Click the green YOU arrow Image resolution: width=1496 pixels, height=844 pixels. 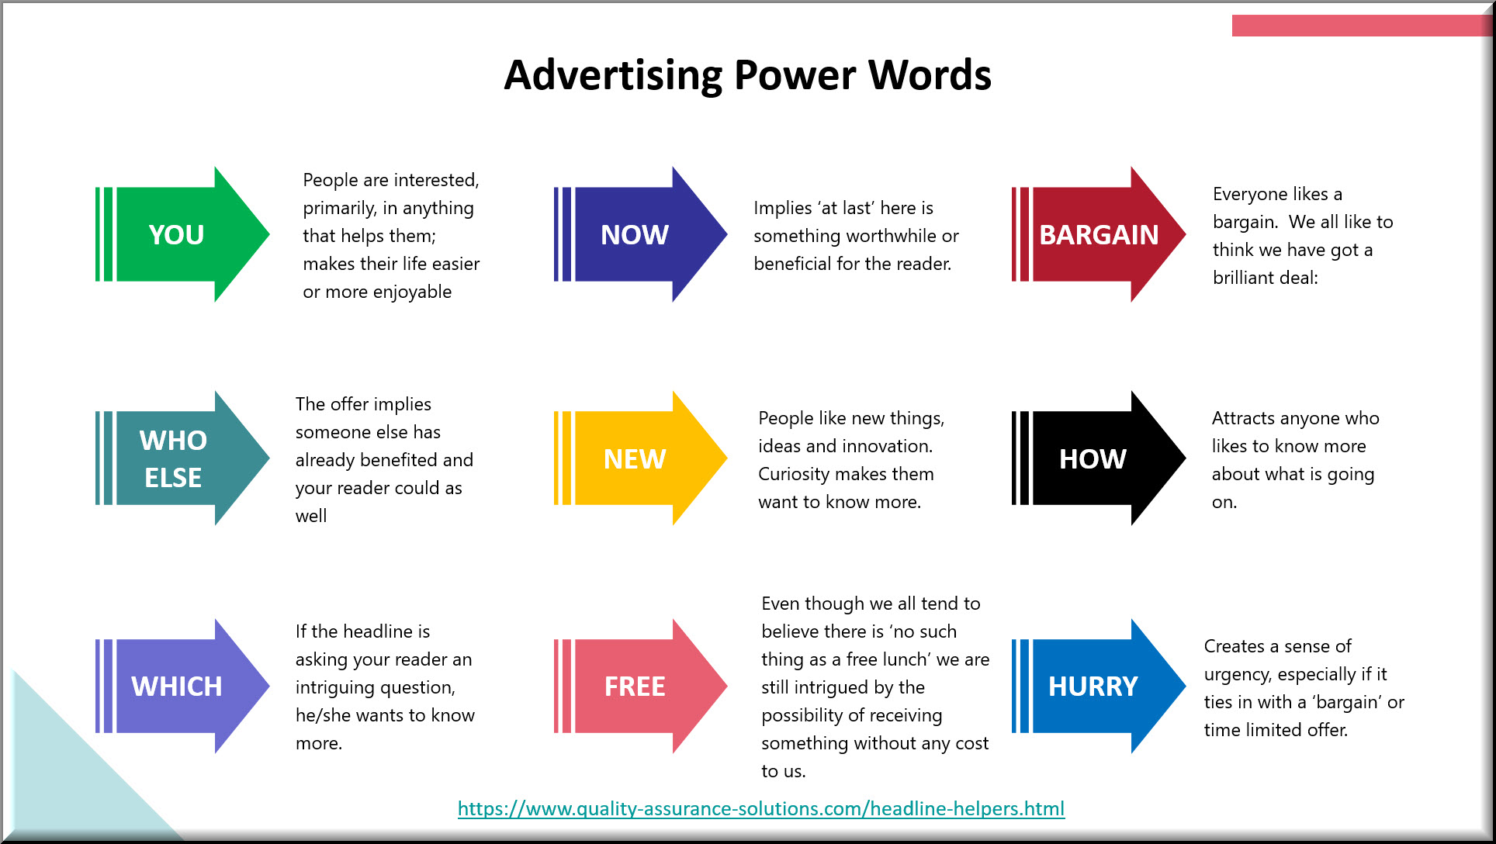182,234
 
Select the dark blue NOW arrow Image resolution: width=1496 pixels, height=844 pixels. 641,234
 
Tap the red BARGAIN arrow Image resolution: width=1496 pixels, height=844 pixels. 1099,234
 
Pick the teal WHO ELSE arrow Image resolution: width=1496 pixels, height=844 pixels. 182,458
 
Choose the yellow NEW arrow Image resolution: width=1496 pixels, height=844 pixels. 641,458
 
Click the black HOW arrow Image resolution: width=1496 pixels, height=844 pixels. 1099,458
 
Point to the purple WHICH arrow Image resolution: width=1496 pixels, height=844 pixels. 182,686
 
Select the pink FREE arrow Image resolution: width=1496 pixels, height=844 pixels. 641,686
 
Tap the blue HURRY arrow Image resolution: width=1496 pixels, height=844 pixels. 1099,686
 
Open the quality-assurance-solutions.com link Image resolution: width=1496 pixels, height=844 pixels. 761,808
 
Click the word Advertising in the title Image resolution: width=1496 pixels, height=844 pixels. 613,76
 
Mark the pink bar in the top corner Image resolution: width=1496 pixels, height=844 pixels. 1362,26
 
